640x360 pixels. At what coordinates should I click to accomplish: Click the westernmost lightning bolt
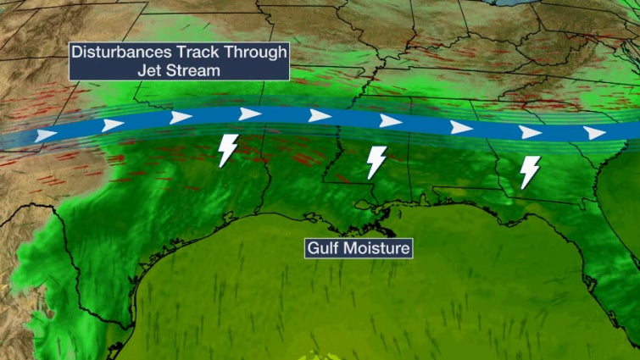(227, 150)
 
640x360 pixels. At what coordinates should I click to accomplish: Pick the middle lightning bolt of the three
(376, 162)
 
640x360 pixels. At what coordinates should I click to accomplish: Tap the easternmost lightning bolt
(530, 172)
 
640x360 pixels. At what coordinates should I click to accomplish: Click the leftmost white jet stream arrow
(46, 135)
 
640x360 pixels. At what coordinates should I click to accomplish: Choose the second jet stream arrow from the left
(113, 125)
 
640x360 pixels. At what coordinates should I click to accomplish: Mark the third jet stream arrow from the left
(181, 117)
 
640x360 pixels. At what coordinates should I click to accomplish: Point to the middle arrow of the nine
(320, 116)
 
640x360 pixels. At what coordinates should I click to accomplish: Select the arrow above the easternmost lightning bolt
(530, 132)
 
